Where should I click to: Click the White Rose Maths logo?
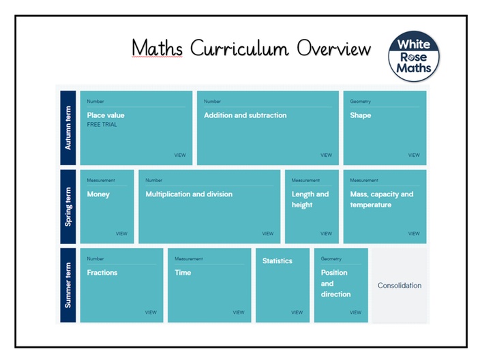(414, 57)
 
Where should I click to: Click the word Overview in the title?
(333, 48)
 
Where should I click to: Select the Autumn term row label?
(68, 127)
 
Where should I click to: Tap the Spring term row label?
(68, 207)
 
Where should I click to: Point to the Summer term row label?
(68, 285)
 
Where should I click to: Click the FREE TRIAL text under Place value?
(102, 125)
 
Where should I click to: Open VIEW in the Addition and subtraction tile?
(326, 155)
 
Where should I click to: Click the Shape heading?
(360, 115)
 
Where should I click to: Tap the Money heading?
(98, 194)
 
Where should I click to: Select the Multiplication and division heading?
(189, 194)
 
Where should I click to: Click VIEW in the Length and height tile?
(326, 234)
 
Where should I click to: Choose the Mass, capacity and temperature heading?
(382, 199)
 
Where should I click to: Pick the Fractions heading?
(102, 273)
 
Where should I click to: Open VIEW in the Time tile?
(239, 312)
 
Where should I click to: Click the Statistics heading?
(277, 261)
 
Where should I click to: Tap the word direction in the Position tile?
(336, 294)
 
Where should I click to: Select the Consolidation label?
(400, 285)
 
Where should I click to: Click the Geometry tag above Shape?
(360, 102)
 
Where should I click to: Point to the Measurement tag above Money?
(101, 180)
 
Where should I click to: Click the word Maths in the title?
(157, 48)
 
